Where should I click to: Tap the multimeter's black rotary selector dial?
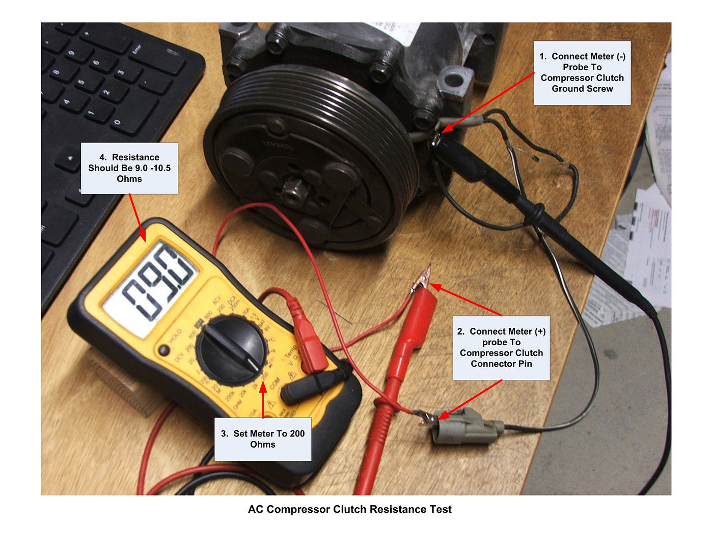pyautogui.click(x=232, y=346)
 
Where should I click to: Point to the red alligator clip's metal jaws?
pyautogui.click(x=422, y=279)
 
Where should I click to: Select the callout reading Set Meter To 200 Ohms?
pyautogui.click(x=262, y=439)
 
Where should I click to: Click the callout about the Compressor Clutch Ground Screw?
pyautogui.click(x=582, y=72)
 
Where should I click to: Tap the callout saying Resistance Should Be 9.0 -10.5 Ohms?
pyautogui.click(x=129, y=168)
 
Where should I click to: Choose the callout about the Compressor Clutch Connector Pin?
pyautogui.click(x=501, y=347)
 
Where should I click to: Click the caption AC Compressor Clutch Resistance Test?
pyautogui.click(x=349, y=509)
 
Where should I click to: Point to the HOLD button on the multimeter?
pyautogui.click(x=164, y=350)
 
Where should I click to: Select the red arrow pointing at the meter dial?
pyautogui.click(x=263, y=400)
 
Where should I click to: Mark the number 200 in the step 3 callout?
pyautogui.click(x=297, y=434)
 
